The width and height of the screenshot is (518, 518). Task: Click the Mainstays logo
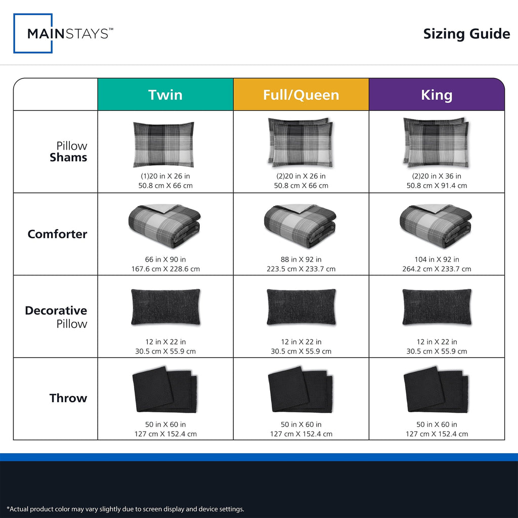[63, 33]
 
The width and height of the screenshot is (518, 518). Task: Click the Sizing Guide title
[466, 34]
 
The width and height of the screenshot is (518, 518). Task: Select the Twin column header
[165, 95]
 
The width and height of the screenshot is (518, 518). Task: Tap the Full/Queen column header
[301, 95]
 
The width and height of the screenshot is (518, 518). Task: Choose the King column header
[437, 95]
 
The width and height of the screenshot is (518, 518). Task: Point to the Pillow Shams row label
[68, 152]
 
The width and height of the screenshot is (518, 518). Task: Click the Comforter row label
[58, 234]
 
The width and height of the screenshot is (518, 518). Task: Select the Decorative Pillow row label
[56, 317]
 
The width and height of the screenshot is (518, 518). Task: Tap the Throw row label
[68, 398]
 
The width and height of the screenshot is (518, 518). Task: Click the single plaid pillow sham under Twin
[163, 144]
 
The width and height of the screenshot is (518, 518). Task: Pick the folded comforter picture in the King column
[436, 226]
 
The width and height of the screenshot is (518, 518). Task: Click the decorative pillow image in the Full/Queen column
[301, 307]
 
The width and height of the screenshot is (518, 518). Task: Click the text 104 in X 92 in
[437, 260]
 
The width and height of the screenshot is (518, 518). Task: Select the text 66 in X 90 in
[165, 260]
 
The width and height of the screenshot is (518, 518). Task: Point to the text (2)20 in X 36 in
[437, 176]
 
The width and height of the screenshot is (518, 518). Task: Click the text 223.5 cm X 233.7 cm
[301, 269]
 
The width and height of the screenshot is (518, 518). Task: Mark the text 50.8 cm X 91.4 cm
[437, 186]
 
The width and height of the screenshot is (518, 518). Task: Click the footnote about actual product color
[125, 509]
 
